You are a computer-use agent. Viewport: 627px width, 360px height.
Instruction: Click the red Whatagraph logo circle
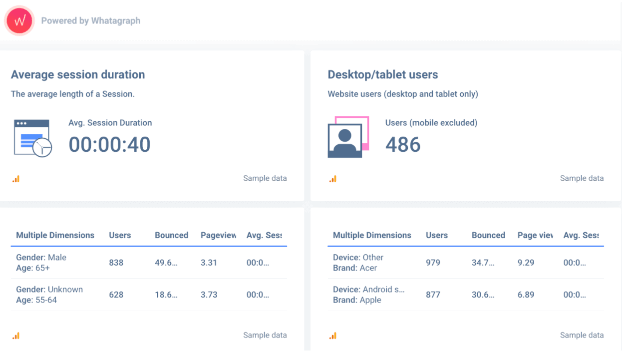pyautogui.click(x=19, y=21)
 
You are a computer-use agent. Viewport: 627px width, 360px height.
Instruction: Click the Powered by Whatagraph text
pyautogui.click(x=90, y=21)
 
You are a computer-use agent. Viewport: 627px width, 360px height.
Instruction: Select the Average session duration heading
pyautogui.click(x=78, y=75)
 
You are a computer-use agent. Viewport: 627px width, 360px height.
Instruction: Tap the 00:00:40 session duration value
pyautogui.click(x=109, y=145)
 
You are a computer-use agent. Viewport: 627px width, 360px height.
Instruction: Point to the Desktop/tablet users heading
pyautogui.click(x=382, y=75)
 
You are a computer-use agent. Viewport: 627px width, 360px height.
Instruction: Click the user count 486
pyautogui.click(x=403, y=145)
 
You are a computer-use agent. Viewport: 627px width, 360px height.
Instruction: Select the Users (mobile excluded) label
pyautogui.click(x=431, y=123)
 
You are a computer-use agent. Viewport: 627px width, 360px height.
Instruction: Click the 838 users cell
pyautogui.click(x=116, y=263)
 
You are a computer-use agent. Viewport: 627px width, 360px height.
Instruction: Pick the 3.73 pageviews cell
pyautogui.click(x=209, y=295)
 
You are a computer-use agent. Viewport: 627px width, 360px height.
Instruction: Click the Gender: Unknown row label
pyautogui.click(x=49, y=290)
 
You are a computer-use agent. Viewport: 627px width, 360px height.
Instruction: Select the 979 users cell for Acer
pyautogui.click(x=433, y=263)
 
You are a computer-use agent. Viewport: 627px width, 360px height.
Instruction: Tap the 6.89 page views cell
pyautogui.click(x=526, y=295)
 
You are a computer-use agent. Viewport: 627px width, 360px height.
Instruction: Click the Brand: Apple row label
pyautogui.click(x=357, y=300)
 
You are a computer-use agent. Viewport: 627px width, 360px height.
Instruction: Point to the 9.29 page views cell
pyautogui.click(x=526, y=263)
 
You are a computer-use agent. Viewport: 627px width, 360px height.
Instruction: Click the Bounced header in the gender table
pyautogui.click(x=171, y=235)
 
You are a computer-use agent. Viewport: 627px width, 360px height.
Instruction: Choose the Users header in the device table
pyautogui.click(x=437, y=235)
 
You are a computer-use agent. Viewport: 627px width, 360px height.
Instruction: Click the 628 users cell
pyautogui.click(x=116, y=295)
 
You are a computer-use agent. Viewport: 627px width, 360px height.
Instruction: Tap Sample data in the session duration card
pyautogui.click(x=265, y=178)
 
